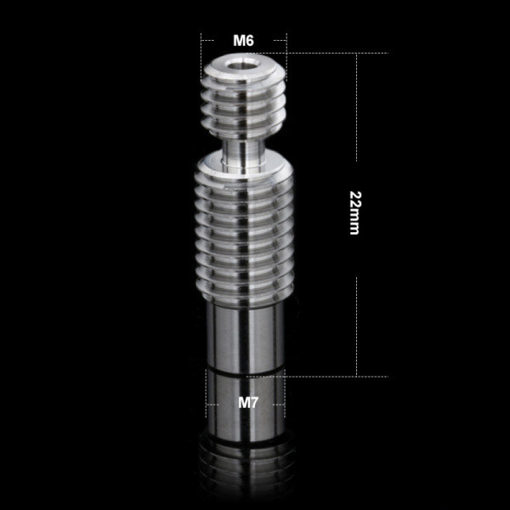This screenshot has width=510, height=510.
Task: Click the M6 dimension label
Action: (243, 40)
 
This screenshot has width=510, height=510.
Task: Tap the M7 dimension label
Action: (248, 403)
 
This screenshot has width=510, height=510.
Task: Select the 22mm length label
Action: (354, 213)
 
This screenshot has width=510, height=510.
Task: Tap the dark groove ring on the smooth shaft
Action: (246, 371)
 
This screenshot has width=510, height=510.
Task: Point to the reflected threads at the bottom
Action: (246, 468)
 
